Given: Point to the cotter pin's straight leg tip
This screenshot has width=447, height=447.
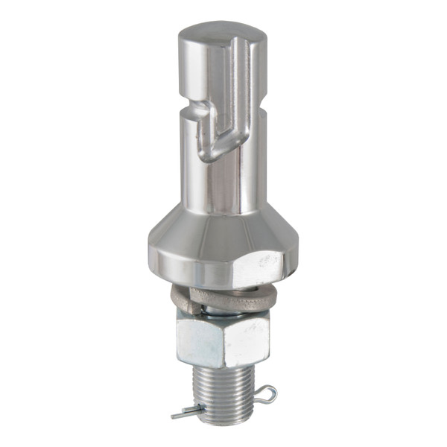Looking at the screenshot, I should [x=175, y=416].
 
